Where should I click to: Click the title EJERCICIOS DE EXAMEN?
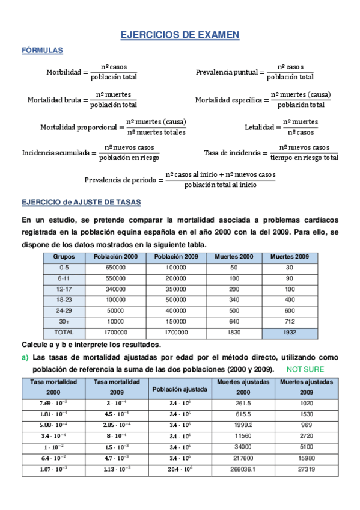[180, 35]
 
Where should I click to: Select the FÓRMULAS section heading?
[42, 51]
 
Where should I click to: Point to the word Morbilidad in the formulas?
[63, 72]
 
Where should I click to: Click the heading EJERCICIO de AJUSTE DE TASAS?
[81, 203]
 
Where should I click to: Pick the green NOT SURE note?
[305, 369]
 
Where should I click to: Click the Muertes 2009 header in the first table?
[290, 256]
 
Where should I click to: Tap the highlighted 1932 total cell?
[290, 332]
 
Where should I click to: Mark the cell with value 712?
[290, 321]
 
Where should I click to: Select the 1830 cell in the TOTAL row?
[234, 332]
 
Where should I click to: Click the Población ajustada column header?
[179, 389]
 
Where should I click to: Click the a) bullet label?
[25, 358]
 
